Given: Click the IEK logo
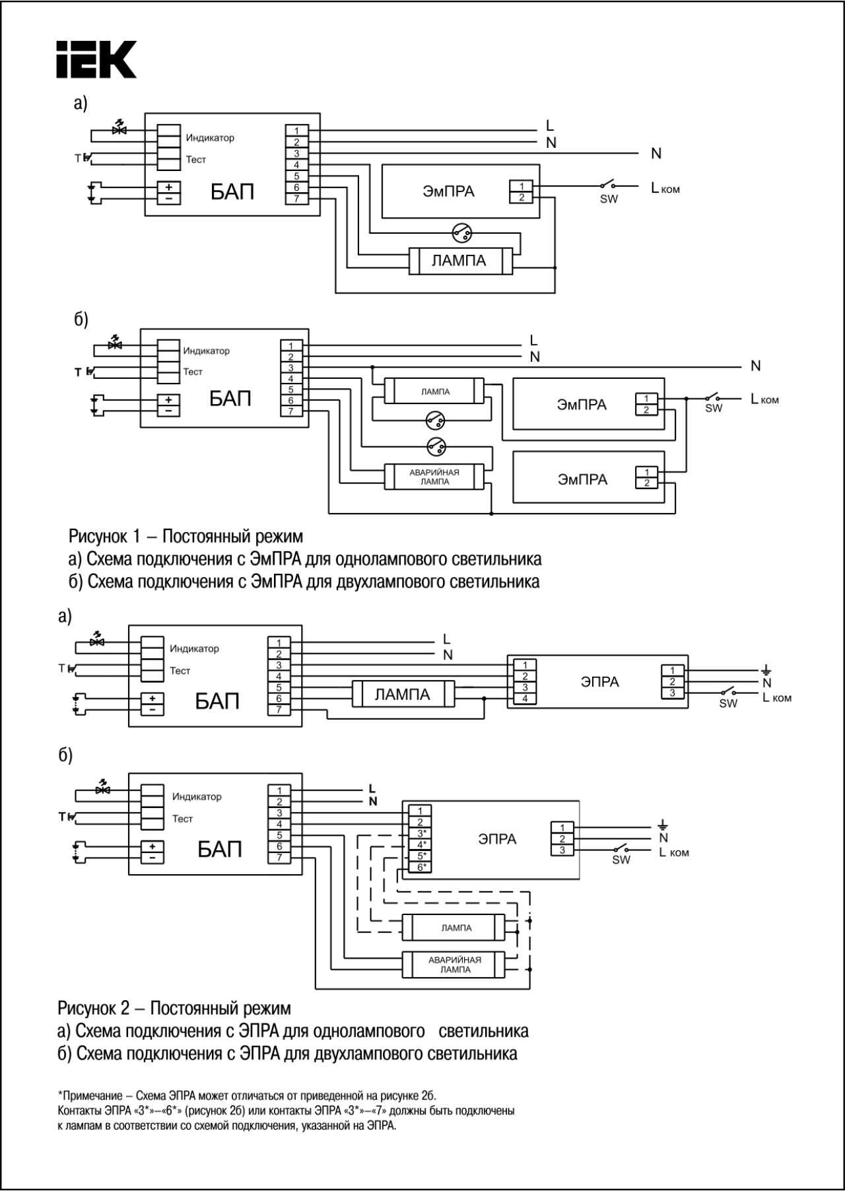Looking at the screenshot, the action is [x=96, y=60].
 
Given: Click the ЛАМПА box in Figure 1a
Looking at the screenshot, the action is [x=460, y=261].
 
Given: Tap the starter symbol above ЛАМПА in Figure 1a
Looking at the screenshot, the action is [x=461, y=232].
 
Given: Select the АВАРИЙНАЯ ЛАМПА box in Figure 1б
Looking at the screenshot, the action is [x=434, y=477].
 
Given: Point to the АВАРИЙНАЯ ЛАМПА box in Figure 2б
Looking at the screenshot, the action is [x=454, y=965].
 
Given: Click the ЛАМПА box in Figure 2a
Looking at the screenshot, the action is [x=403, y=694].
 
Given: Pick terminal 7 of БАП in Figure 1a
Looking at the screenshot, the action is [x=296, y=198].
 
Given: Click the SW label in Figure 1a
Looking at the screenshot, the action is [x=609, y=199].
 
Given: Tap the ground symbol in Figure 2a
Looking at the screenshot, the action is [x=766, y=671].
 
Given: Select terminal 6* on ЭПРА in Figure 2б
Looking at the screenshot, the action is [x=421, y=867].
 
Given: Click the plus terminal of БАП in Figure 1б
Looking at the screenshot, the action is [x=168, y=400].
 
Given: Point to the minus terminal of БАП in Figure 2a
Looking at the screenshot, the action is [x=152, y=710].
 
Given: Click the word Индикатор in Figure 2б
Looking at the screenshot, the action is [x=197, y=796].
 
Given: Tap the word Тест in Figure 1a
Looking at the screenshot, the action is [x=196, y=159].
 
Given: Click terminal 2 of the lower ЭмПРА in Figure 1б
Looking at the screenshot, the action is [x=646, y=483].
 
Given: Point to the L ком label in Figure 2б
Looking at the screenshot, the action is [x=674, y=852].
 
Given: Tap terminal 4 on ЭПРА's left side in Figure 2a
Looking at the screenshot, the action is [x=525, y=698].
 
